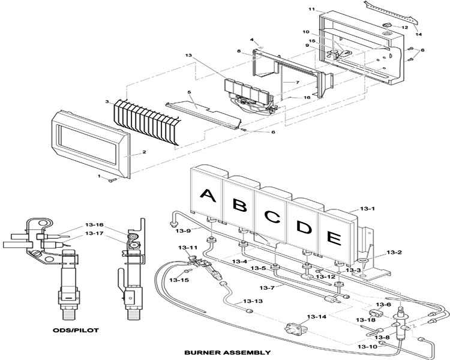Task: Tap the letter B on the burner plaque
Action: click(239, 205)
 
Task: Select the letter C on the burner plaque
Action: click(273, 217)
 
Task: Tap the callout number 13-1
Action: click(368, 208)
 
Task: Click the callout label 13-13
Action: click(253, 301)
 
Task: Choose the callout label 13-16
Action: click(94, 225)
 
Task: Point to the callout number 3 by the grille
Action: click(107, 103)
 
